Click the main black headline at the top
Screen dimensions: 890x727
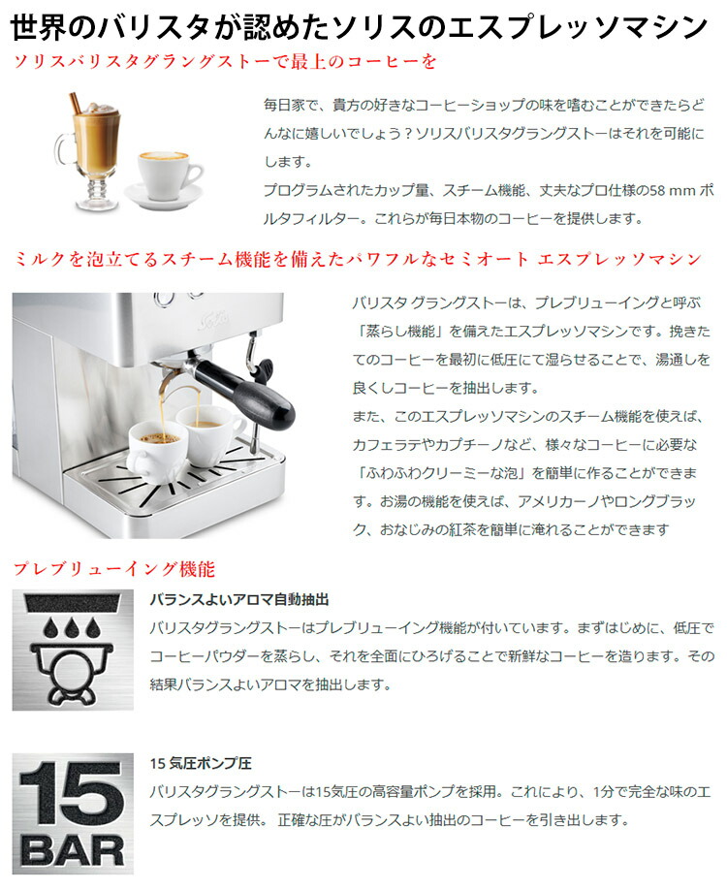(360, 25)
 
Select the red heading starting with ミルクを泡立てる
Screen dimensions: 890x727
(357, 259)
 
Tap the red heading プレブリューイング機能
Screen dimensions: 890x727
(113, 568)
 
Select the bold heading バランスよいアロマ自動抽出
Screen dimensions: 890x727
(239, 600)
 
